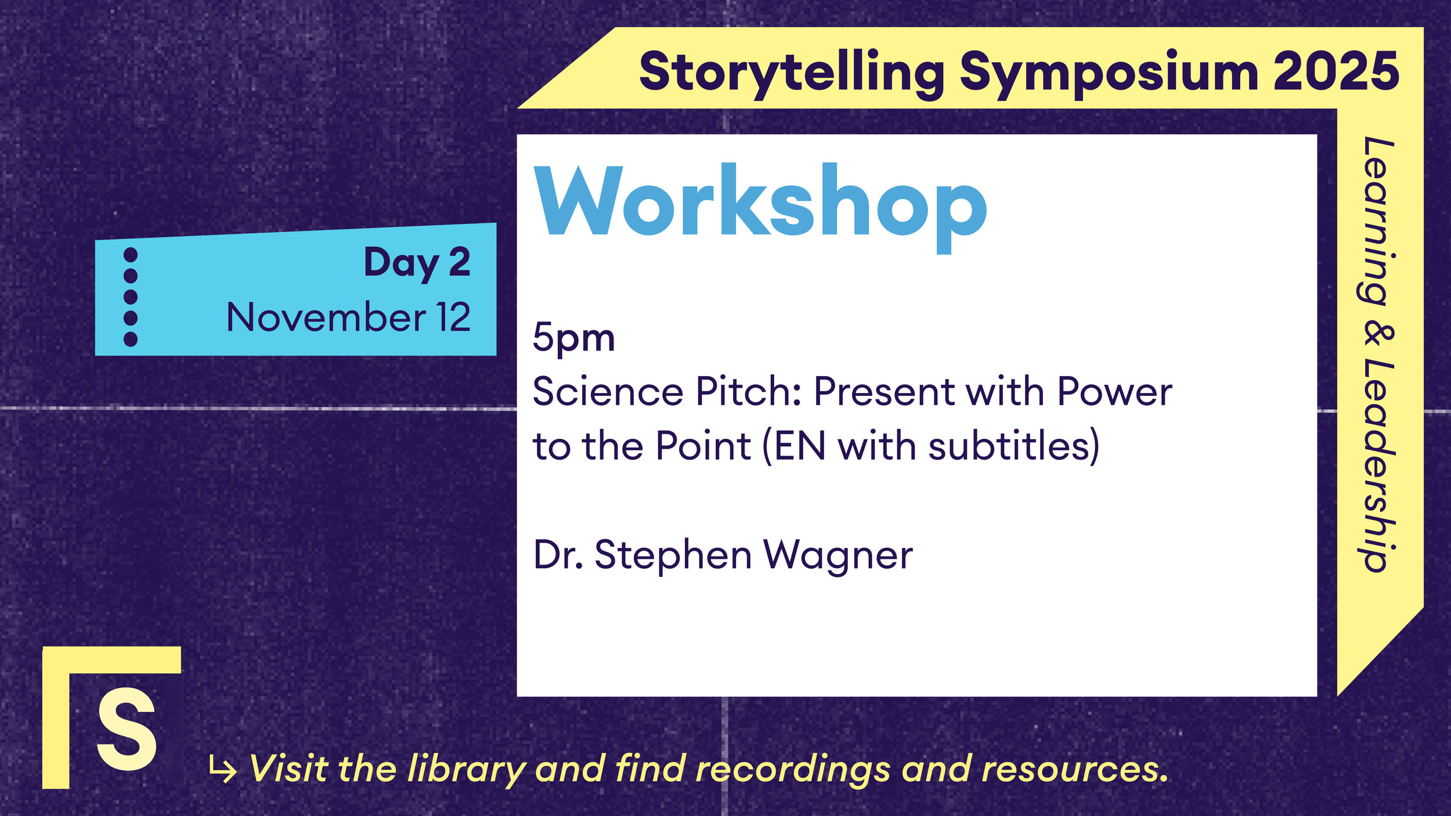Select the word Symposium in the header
(x=1109, y=73)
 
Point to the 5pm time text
(x=573, y=338)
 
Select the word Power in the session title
(x=1114, y=392)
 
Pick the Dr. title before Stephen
(x=558, y=555)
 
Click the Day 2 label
(x=417, y=262)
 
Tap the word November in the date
(x=326, y=317)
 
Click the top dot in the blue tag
(x=131, y=255)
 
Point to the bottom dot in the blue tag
(x=131, y=339)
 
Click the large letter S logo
(x=127, y=730)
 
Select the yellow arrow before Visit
(x=223, y=770)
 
